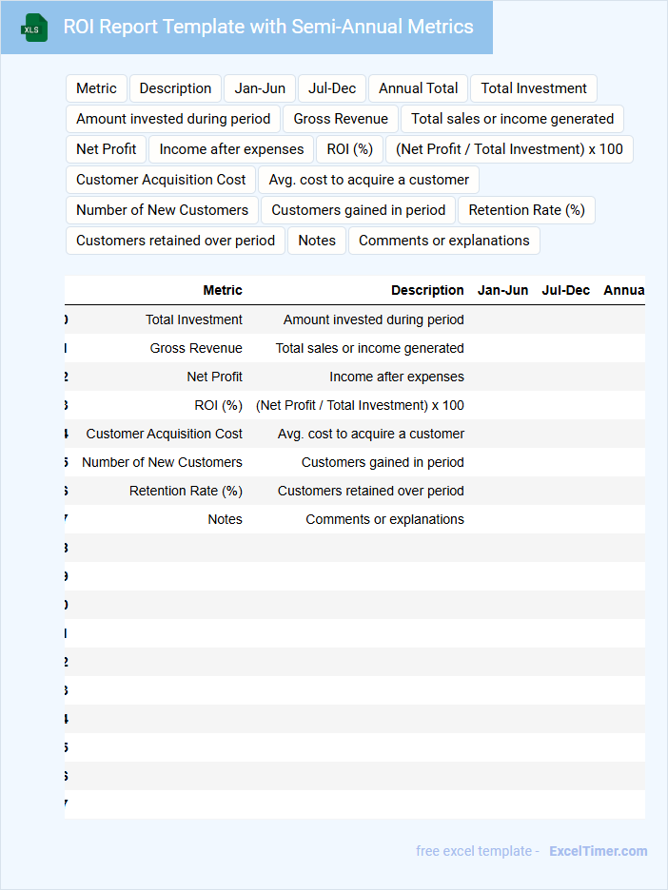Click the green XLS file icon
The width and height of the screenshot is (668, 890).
(35, 28)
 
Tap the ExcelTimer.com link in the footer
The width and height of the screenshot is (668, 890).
(598, 851)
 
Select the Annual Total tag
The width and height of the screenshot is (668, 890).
(418, 88)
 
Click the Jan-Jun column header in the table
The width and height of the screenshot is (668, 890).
(502, 290)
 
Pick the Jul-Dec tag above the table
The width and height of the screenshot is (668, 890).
(332, 88)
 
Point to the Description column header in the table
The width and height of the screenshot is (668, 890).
(427, 290)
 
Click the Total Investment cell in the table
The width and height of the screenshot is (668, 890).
(193, 319)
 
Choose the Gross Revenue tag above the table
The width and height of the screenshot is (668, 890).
(341, 119)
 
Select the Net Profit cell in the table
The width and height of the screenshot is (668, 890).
(214, 377)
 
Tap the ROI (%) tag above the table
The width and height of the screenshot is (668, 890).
(349, 149)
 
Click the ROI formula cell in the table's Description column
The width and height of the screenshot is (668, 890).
(360, 405)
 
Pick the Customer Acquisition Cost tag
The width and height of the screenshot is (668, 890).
(161, 180)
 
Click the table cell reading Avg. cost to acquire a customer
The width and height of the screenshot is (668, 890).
(370, 434)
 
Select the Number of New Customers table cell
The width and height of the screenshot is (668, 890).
(162, 462)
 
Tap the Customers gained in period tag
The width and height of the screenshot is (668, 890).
(358, 210)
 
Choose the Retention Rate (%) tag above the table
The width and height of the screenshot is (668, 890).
(526, 210)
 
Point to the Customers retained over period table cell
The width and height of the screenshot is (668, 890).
(370, 491)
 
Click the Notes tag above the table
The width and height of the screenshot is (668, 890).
(316, 241)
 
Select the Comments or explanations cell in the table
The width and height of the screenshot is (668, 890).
(384, 519)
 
